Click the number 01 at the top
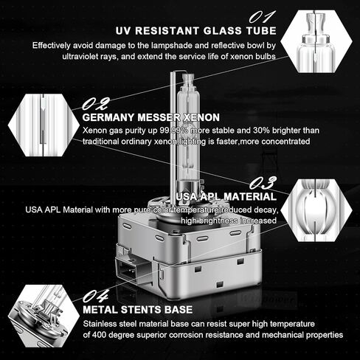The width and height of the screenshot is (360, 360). click(262, 17)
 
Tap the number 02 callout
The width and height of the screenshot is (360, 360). click(95, 103)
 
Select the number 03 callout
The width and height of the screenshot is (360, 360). click(263, 183)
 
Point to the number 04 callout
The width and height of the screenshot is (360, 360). click(95, 296)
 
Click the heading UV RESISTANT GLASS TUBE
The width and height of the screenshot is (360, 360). click(196, 31)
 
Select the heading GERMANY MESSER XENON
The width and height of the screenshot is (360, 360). click(151, 117)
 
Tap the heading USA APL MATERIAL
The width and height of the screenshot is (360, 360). click(226, 197)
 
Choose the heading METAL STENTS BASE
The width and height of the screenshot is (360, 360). click(138, 310)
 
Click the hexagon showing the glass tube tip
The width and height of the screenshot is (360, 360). click(316, 41)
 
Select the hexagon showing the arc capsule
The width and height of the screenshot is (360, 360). click(316, 210)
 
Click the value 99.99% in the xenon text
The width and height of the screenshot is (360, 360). click(175, 131)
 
